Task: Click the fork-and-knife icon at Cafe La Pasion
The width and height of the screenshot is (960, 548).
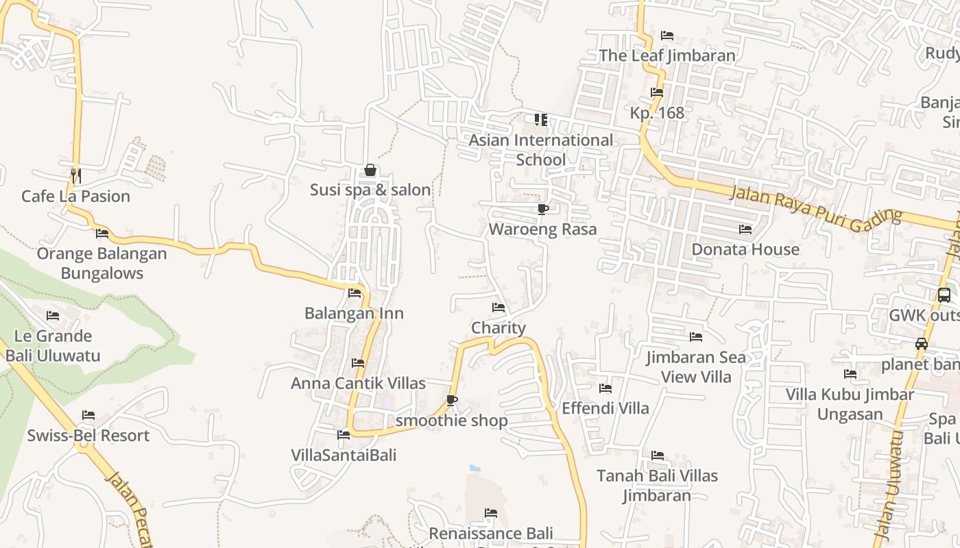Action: click(75, 176)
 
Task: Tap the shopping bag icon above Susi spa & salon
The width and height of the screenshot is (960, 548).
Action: click(370, 170)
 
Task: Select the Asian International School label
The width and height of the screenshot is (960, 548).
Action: click(541, 150)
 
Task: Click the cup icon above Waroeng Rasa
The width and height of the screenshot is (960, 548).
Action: click(542, 209)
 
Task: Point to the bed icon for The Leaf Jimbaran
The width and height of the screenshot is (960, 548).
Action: click(667, 35)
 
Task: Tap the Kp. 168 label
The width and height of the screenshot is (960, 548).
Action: click(657, 113)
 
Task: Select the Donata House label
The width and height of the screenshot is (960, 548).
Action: click(745, 249)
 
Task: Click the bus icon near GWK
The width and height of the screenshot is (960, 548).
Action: click(944, 295)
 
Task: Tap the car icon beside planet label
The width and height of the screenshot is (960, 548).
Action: click(922, 344)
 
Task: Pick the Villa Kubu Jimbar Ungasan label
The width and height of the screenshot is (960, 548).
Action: click(850, 404)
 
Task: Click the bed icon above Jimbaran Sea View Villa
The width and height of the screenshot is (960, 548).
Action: click(696, 337)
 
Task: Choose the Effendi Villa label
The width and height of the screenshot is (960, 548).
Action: click(605, 408)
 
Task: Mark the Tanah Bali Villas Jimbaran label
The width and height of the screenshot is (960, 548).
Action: click(657, 485)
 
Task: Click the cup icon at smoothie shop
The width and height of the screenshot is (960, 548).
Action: click(451, 400)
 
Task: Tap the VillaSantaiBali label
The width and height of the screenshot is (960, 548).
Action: click(344, 455)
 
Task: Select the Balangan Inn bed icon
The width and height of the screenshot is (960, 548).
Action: click(355, 293)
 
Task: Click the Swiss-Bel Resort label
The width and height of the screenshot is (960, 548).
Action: click(88, 436)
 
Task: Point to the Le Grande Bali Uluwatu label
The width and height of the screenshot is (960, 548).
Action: click(53, 346)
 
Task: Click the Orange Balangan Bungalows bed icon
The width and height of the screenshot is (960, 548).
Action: click(102, 234)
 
